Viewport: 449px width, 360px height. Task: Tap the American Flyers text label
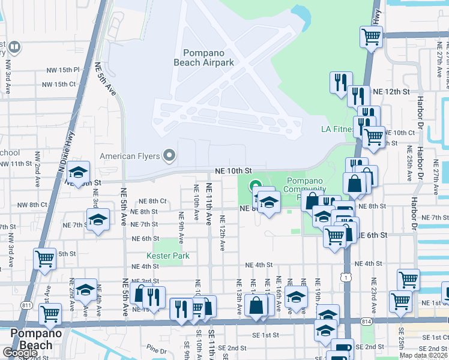[x=130, y=157]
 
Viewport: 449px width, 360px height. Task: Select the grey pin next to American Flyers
[x=169, y=157]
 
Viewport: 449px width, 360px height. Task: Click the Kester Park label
[x=168, y=256]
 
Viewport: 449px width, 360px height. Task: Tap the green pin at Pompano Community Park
[x=255, y=187]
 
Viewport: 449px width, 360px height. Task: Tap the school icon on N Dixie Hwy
[x=78, y=172]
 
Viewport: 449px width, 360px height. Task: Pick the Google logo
[x=19, y=353]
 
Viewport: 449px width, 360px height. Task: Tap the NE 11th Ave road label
[x=209, y=204]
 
